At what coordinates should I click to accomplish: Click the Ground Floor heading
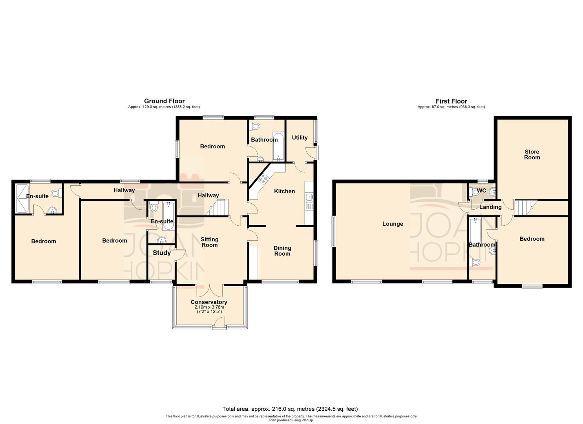pyautogui.click(x=164, y=101)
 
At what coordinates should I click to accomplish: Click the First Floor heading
pyautogui.click(x=451, y=101)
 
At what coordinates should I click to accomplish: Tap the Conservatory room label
pyautogui.click(x=209, y=302)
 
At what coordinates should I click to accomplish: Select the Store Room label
pyautogui.click(x=532, y=154)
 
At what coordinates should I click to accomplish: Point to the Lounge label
pyautogui.click(x=393, y=224)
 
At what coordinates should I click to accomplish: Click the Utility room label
pyautogui.click(x=300, y=137)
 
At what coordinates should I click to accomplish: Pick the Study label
pyautogui.click(x=161, y=253)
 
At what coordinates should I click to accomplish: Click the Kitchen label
pyautogui.click(x=284, y=191)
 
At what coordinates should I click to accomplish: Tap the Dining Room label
pyautogui.click(x=282, y=250)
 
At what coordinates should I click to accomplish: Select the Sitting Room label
pyautogui.click(x=209, y=242)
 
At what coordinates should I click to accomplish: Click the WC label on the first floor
pyautogui.click(x=481, y=191)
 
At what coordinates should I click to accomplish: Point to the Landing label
pyautogui.click(x=490, y=207)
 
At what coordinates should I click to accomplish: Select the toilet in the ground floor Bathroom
pyautogui.click(x=255, y=126)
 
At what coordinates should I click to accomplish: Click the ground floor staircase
pyautogui.click(x=218, y=207)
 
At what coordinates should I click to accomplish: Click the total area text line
pyautogui.click(x=290, y=409)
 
